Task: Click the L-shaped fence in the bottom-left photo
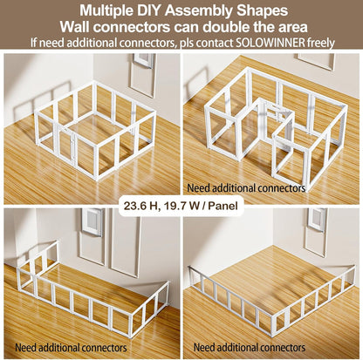pyautogui.click(x=87, y=292)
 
